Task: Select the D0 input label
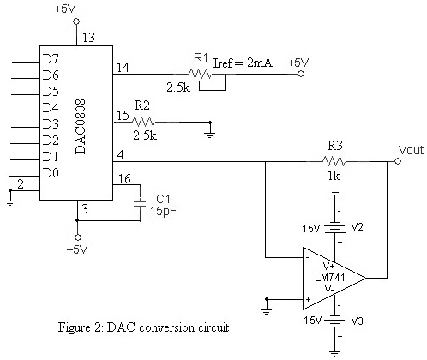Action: pyautogui.click(x=51, y=173)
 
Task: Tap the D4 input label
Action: pyautogui.click(x=51, y=107)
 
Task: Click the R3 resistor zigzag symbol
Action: pyautogui.click(x=334, y=160)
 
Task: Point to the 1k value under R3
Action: pyautogui.click(x=334, y=177)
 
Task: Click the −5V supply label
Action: pyautogui.click(x=77, y=249)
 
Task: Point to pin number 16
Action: pyautogui.click(x=123, y=178)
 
